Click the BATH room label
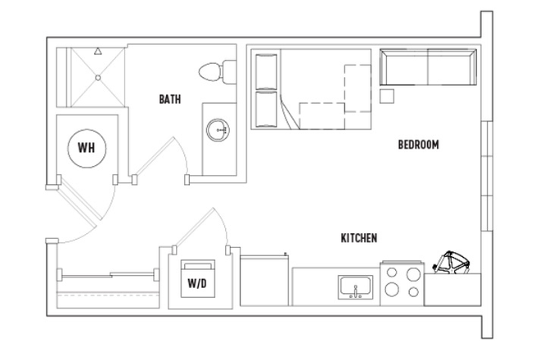point(170,100)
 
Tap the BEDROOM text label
point(418,145)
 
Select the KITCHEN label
point(358,239)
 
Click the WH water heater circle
point(85,148)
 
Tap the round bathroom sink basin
point(218,129)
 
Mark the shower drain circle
point(97,79)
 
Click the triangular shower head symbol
point(97,51)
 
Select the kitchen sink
point(356,287)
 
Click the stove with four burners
point(402,283)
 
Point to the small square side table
point(387,97)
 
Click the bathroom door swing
point(164,160)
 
